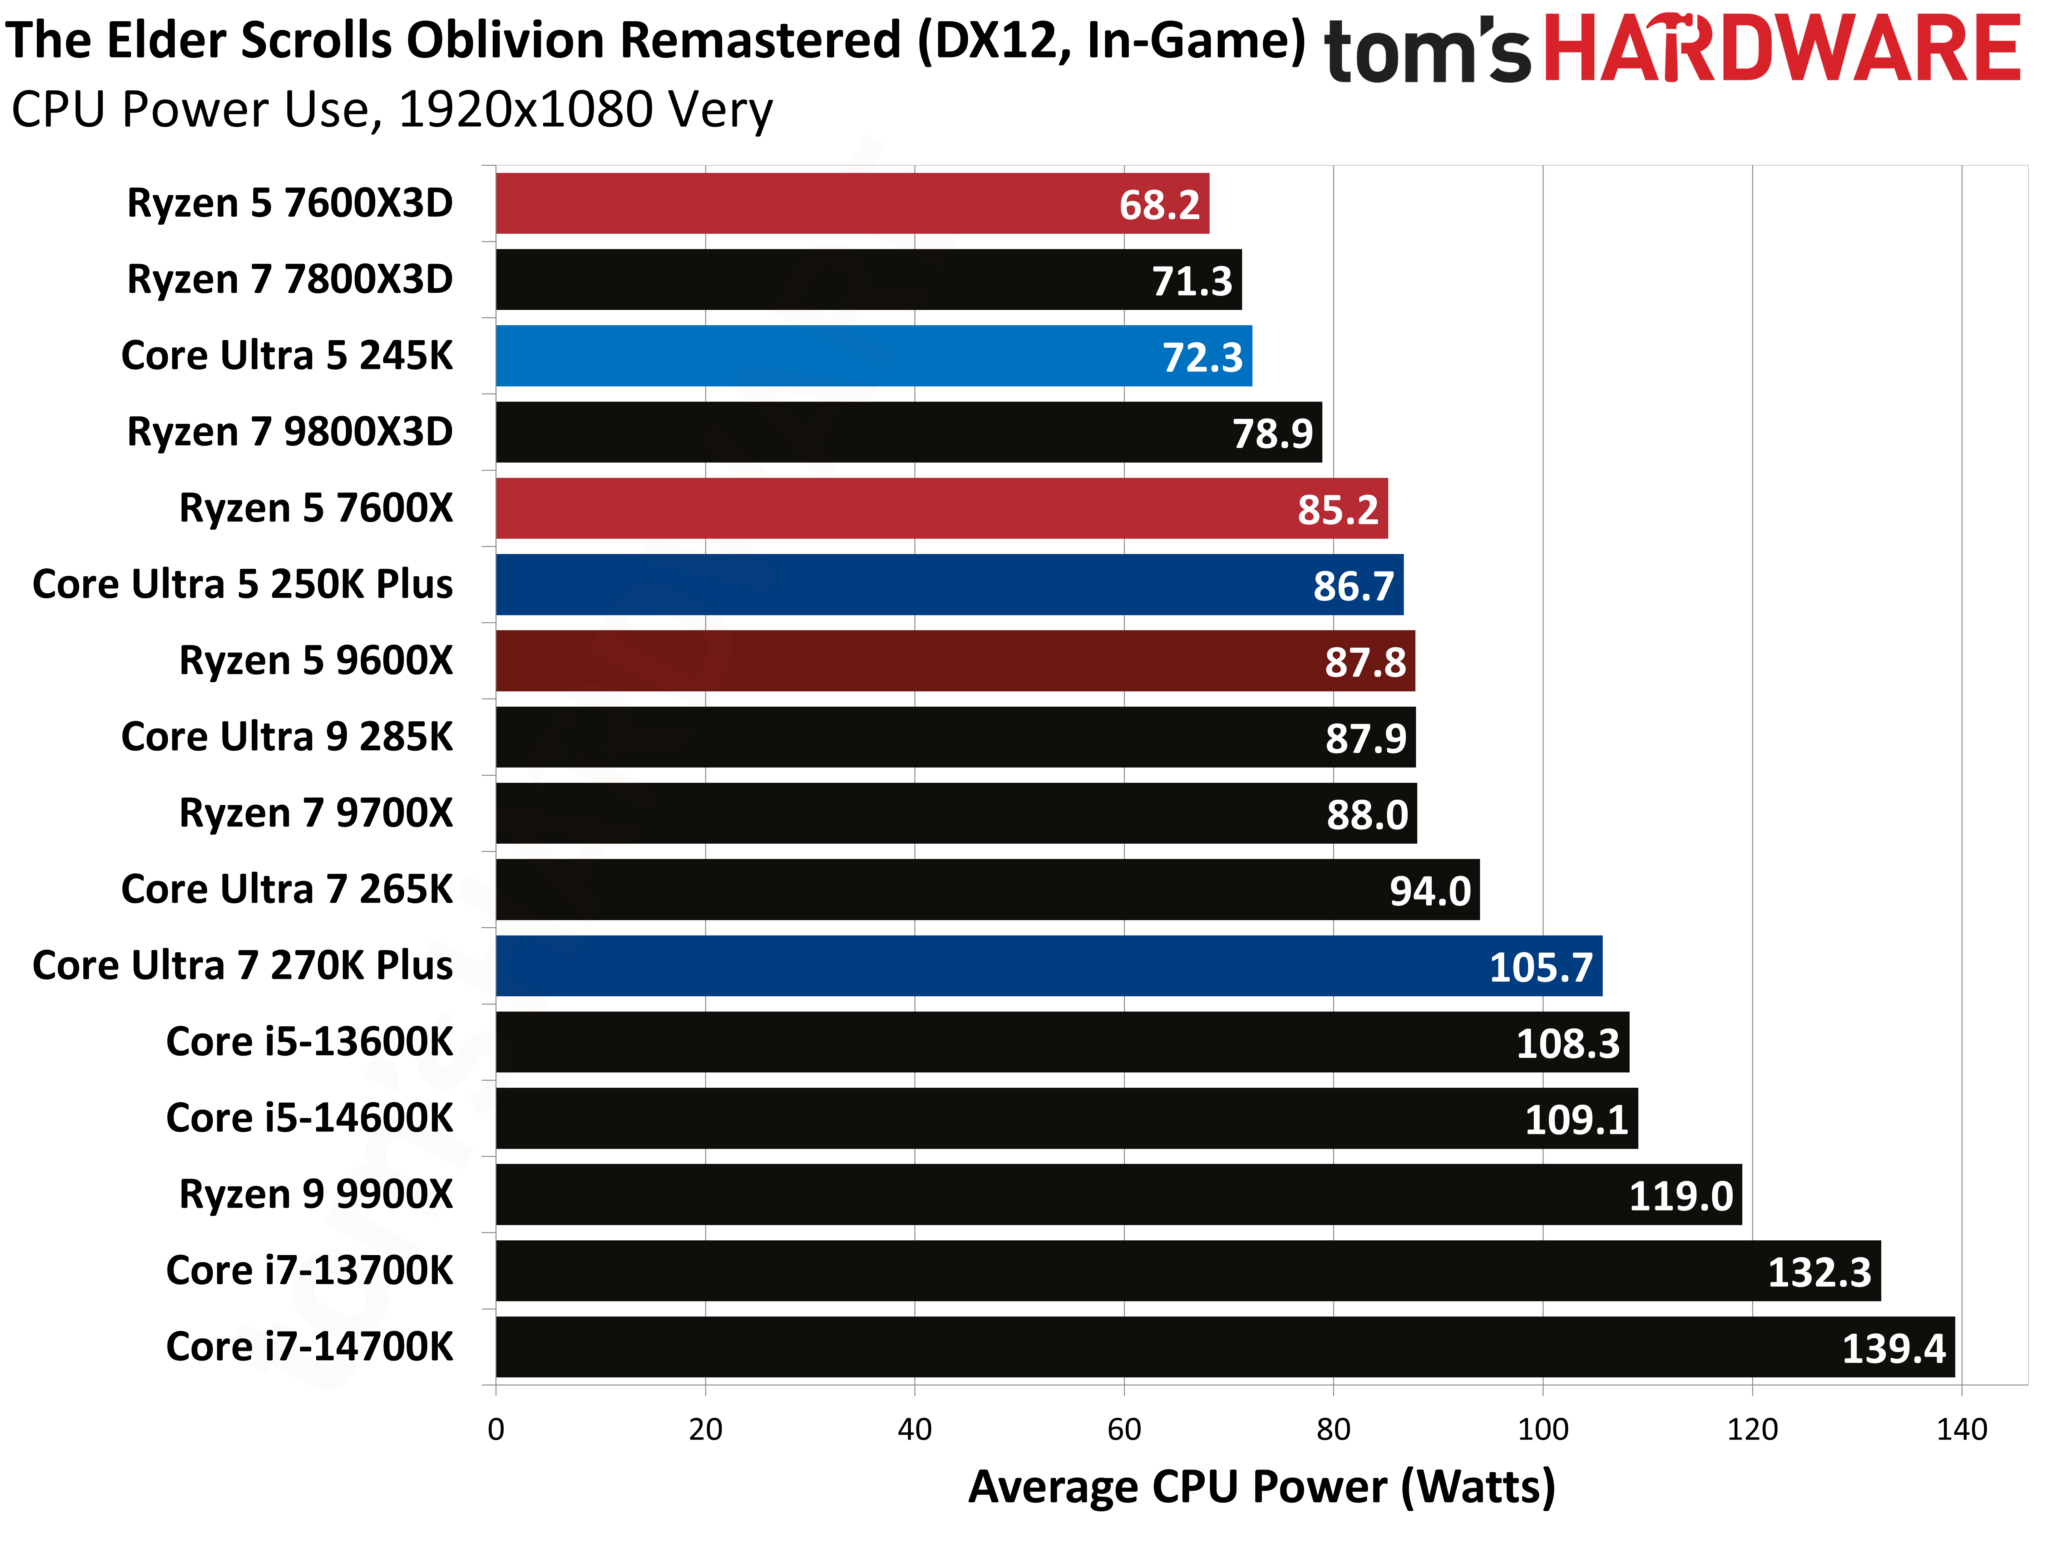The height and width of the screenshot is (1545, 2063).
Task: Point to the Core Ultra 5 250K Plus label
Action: pyautogui.click(x=243, y=585)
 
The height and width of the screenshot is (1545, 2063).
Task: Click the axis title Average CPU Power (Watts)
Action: pyautogui.click(x=1261, y=1486)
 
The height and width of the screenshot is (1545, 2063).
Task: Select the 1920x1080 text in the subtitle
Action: pyautogui.click(x=525, y=110)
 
